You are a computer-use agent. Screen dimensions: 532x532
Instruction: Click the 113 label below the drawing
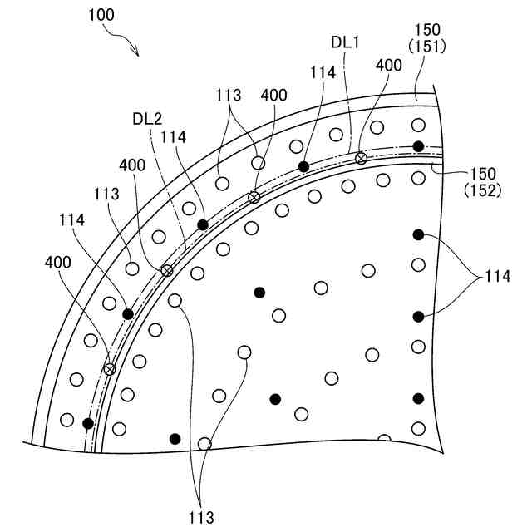(x=200, y=517)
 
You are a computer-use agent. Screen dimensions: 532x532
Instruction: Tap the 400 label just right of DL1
(x=388, y=65)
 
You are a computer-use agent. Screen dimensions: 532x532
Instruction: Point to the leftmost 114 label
(x=73, y=220)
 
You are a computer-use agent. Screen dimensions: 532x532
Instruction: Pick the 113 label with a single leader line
(x=107, y=193)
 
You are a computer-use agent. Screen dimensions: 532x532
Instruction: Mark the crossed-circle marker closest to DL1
(x=361, y=158)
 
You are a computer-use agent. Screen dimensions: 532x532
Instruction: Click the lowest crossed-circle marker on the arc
(x=109, y=368)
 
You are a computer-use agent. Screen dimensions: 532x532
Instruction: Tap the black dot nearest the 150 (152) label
(x=418, y=147)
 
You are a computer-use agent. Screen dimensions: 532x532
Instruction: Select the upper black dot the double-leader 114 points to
(x=418, y=235)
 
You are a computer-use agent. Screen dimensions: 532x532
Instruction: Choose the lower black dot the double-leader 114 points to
(x=418, y=316)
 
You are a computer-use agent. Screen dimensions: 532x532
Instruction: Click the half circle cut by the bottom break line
(x=384, y=438)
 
